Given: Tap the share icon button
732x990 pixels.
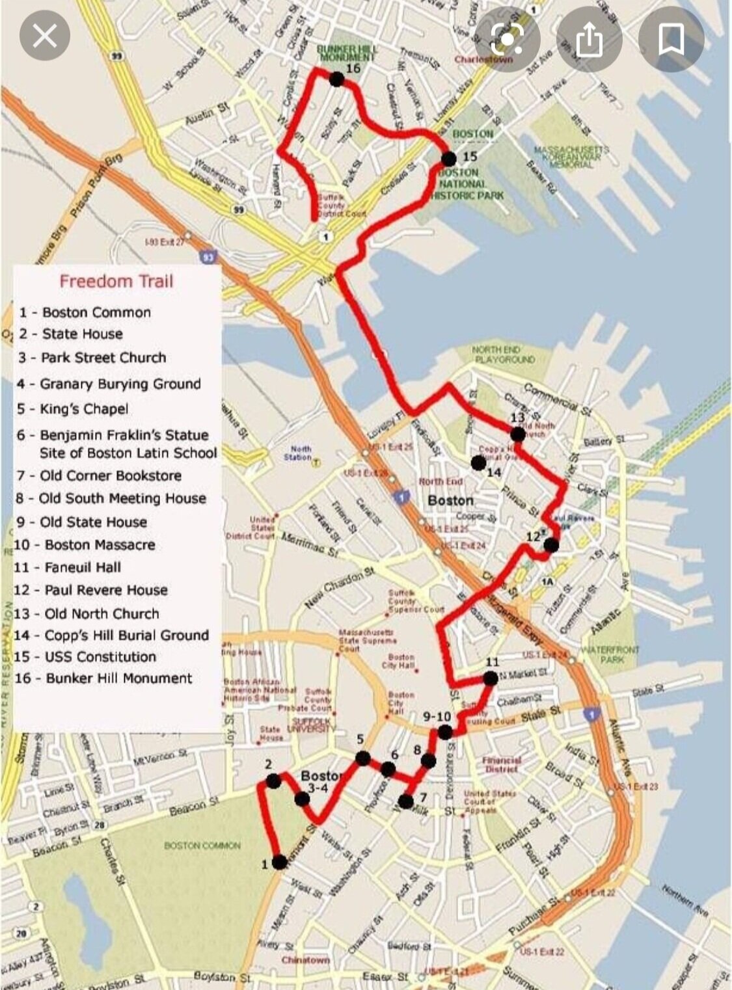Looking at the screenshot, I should tap(590, 40).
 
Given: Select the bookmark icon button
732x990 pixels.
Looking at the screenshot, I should tap(671, 40).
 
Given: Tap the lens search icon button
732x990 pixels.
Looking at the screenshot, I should tap(508, 40).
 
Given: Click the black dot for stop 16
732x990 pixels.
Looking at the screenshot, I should tap(336, 79).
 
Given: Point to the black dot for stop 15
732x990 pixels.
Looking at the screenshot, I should tap(449, 158).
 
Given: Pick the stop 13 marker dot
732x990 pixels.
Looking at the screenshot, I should tap(518, 434).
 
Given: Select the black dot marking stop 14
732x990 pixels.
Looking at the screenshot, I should tap(478, 462).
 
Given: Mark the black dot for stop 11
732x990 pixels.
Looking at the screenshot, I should tap(491, 678).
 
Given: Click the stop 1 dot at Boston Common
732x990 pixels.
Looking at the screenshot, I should tap(279, 863).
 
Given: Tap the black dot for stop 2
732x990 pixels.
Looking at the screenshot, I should tap(273, 781).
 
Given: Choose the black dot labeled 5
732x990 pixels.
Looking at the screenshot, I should tap(363, 758).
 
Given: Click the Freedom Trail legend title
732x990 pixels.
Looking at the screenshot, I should tap(116, 281).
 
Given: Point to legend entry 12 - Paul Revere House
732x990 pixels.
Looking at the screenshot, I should tap(90, 590).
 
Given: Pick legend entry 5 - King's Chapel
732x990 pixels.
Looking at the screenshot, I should tap(73, 409).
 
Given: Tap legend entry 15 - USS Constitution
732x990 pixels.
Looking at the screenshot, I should tap(85, 656).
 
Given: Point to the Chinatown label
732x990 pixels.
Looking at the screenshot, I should tap(305, 960).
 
